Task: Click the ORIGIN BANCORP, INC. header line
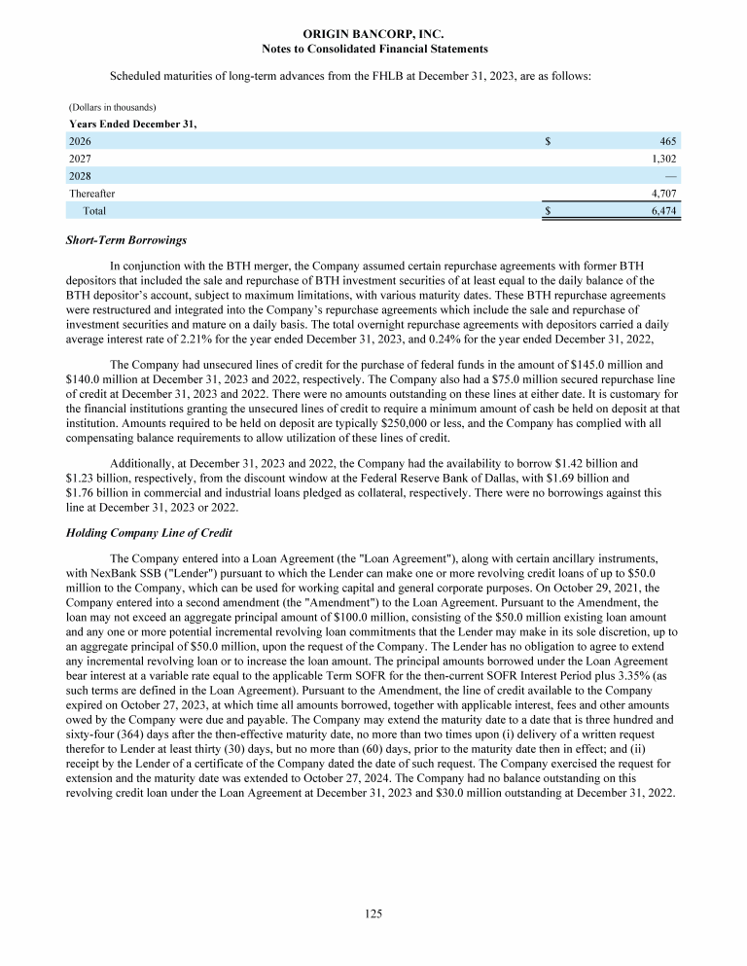click(x=374, y=34)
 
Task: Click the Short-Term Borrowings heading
click(x=125, y=239)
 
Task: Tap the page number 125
click(x=374, y=913)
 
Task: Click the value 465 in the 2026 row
click(x=668, y=141)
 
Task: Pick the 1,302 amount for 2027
click(x=662, y=159)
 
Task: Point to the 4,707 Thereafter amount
click(x=662, y=193)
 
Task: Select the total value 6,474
click(x=662, y=210)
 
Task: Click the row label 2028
click(x=80, y=176)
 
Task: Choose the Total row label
click(x=94, y=210)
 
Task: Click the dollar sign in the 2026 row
click(x=549, y=141)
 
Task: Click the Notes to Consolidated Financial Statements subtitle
click(x=374, y=49)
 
